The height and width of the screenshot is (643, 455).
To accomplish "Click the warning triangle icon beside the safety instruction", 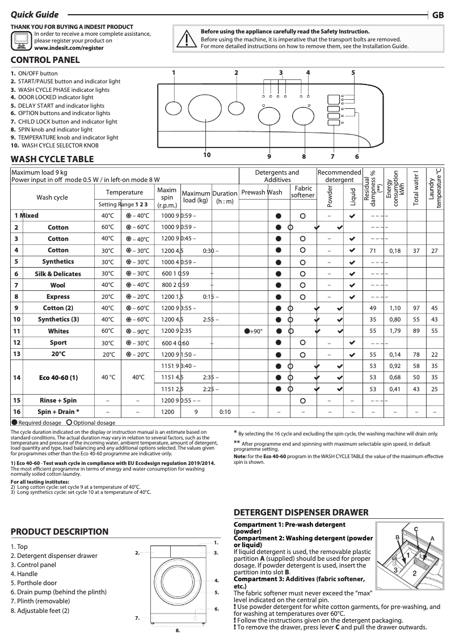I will tap(186, 38).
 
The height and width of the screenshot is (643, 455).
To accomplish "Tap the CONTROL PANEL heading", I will tap(45, 60).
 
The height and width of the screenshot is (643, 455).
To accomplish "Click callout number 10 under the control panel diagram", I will tap(207, 155).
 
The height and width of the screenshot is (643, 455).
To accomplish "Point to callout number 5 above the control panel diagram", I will tap(353, 73).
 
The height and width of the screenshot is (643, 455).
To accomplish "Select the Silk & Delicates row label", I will tap(58, 274).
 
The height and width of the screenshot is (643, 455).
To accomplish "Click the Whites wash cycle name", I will tap(58, 331).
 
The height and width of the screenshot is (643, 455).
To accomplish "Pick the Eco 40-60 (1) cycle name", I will tap(58, 377).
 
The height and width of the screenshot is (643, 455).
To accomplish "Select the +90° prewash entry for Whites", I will tap(253, 331).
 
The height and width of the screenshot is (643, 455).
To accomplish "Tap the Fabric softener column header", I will tap(303, 192).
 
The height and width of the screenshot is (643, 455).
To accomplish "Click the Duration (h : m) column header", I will tap(224, 197).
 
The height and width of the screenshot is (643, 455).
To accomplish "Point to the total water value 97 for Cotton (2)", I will tap(416, 308).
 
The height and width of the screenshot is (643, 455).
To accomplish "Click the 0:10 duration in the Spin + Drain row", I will tap(225, 412).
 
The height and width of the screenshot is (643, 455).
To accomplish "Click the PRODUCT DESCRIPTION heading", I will tap(60, 531).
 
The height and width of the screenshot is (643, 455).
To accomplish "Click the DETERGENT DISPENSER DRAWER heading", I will tap(301, 512).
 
